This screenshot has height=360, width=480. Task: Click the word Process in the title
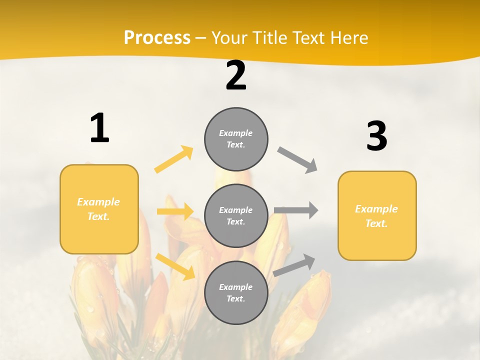coord(157,38)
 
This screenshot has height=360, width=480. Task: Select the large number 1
coord(99,128)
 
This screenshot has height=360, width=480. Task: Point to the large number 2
coord(236,76)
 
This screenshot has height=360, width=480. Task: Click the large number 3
coord(376,136)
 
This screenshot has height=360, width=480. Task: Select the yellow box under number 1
coord(99,209)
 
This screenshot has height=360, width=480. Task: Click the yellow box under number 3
coord(377,216)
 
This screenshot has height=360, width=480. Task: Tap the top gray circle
coord(236,139)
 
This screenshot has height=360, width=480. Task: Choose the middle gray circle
coord(236,216)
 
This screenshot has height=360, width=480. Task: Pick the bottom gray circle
coord(236,293)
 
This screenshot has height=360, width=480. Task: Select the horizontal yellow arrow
coord(175,211)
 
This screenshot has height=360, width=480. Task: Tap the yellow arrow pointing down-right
coord(175,266)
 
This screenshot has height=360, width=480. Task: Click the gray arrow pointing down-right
coord(297,160)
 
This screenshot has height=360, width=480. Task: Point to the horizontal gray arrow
coord(296,210)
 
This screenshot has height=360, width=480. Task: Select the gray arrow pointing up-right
coord(294,265)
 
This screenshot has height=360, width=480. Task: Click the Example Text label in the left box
coord(98,209)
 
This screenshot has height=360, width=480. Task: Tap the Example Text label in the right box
coord(376,216)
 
